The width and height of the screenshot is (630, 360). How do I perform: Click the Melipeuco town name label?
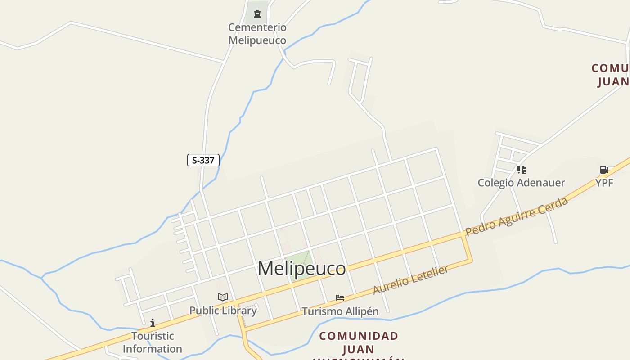pyautogui.click(x=301, y=269)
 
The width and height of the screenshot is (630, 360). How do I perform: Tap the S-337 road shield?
pyautogui.click(x=203, y=160)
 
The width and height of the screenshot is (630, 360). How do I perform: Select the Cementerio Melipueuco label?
pyautogui.click(x=257, y=34)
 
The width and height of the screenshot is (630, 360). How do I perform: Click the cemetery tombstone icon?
pyautogui.click(x=257, y=14)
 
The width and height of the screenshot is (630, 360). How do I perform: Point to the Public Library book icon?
pyautogui.click(x=223, y=297)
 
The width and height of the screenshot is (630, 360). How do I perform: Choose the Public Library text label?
pyautogui.click(x=223, y=310)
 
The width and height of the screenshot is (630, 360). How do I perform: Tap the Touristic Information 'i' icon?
pyautogui.click(x=153, y=323)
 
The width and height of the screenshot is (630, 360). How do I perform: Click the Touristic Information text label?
pyautogui.click(x=153, y=342)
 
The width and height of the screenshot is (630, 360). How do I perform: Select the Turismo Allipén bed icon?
pyautogui.click(x=340, y=298)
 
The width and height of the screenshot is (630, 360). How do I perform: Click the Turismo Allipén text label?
pyautogui.click(x=340, y=311)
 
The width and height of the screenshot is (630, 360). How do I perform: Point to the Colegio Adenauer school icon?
pyautogui.click(x=521, y=170)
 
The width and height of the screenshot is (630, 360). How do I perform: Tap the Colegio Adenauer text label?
pyautogui.click(x=521, y=183)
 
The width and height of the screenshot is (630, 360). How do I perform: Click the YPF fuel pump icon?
pyautogui.click(x=604, y=170)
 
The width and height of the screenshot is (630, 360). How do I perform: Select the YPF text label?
pyautogui.click(x=604, y=183)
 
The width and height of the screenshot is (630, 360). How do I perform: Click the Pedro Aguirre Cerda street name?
pyautogui.click(x=517, y=216)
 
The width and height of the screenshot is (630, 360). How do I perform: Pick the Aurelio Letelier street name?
pyautogui.click(x=411, y=280)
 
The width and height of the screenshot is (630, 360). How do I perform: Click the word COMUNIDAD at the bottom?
pyautogui.click(x=359, y=336)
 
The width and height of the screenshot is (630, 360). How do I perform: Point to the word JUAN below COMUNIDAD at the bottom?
pyautogui.click(x=359, y=349)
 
